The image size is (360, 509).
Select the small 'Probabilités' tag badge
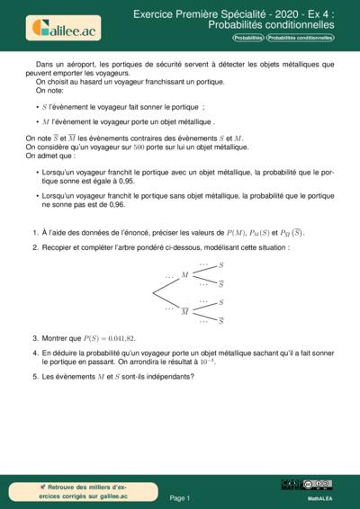pyautogui.click(x=248, y=39)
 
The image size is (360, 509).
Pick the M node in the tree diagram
pyautogui.click(x=184, y=275)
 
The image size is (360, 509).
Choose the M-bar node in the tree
pyautogui.click(x=184, y=310)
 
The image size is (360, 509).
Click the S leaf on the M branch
pyautogui.click(x=222, y=266)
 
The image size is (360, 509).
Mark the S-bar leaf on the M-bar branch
pyautogui.click(x=222, y=320)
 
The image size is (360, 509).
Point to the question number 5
pyautogui.click(x=34, y=376)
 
